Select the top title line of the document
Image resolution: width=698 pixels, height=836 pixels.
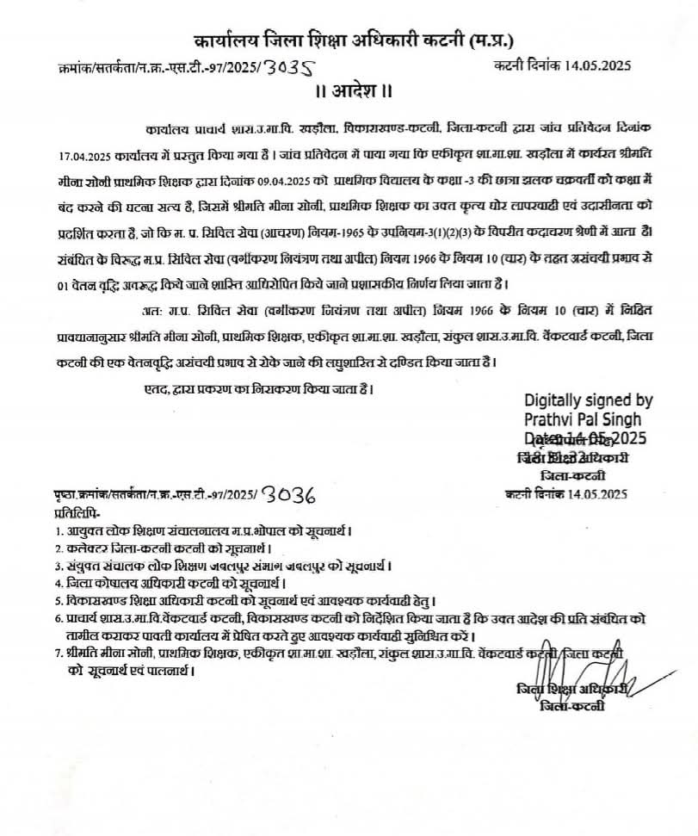coord(349,40)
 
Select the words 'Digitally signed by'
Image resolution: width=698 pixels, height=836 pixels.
coord(589,400)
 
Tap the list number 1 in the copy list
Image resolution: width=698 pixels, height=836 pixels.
coord(59,530)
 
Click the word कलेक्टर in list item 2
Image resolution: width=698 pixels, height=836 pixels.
coord(89,548)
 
